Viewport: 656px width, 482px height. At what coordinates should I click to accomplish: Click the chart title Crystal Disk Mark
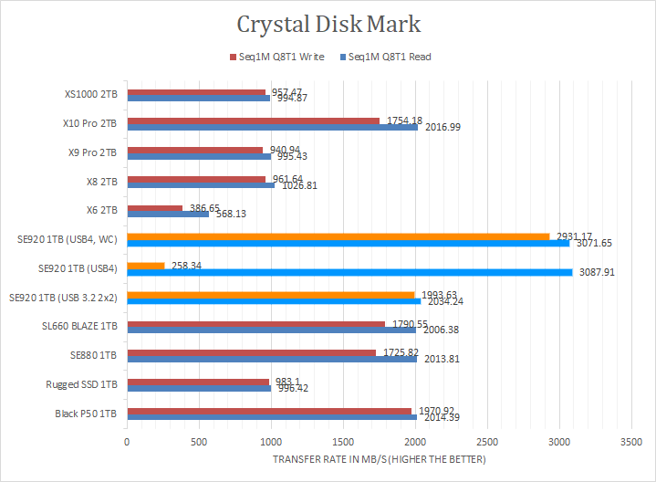[x=329, y=25]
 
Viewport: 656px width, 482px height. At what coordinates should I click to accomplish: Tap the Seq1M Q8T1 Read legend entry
[x=384, y=57]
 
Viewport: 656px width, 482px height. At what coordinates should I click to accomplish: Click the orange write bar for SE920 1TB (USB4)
[x=146, y=266]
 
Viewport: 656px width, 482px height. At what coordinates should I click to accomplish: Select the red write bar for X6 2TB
[x=155, y=208]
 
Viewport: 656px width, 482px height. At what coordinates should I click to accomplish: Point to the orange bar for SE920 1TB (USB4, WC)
[x=338, y=236]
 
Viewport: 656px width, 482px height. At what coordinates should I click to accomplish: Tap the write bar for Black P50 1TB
[x=269, y=411]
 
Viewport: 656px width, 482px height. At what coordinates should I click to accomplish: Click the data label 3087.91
[x=597, y=272]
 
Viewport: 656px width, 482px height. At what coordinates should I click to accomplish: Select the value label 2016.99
[x=442, y=127]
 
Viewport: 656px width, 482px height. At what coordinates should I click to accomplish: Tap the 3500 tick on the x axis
[x=630, y=440]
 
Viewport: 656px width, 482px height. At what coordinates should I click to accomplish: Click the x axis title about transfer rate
[x=380, y=458]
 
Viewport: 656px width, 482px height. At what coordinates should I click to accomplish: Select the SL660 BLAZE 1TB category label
[x=79, y=325]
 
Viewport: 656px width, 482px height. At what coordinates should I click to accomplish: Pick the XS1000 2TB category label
[x=90, y=93]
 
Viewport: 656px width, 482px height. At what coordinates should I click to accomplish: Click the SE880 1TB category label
[x=95, y=354]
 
